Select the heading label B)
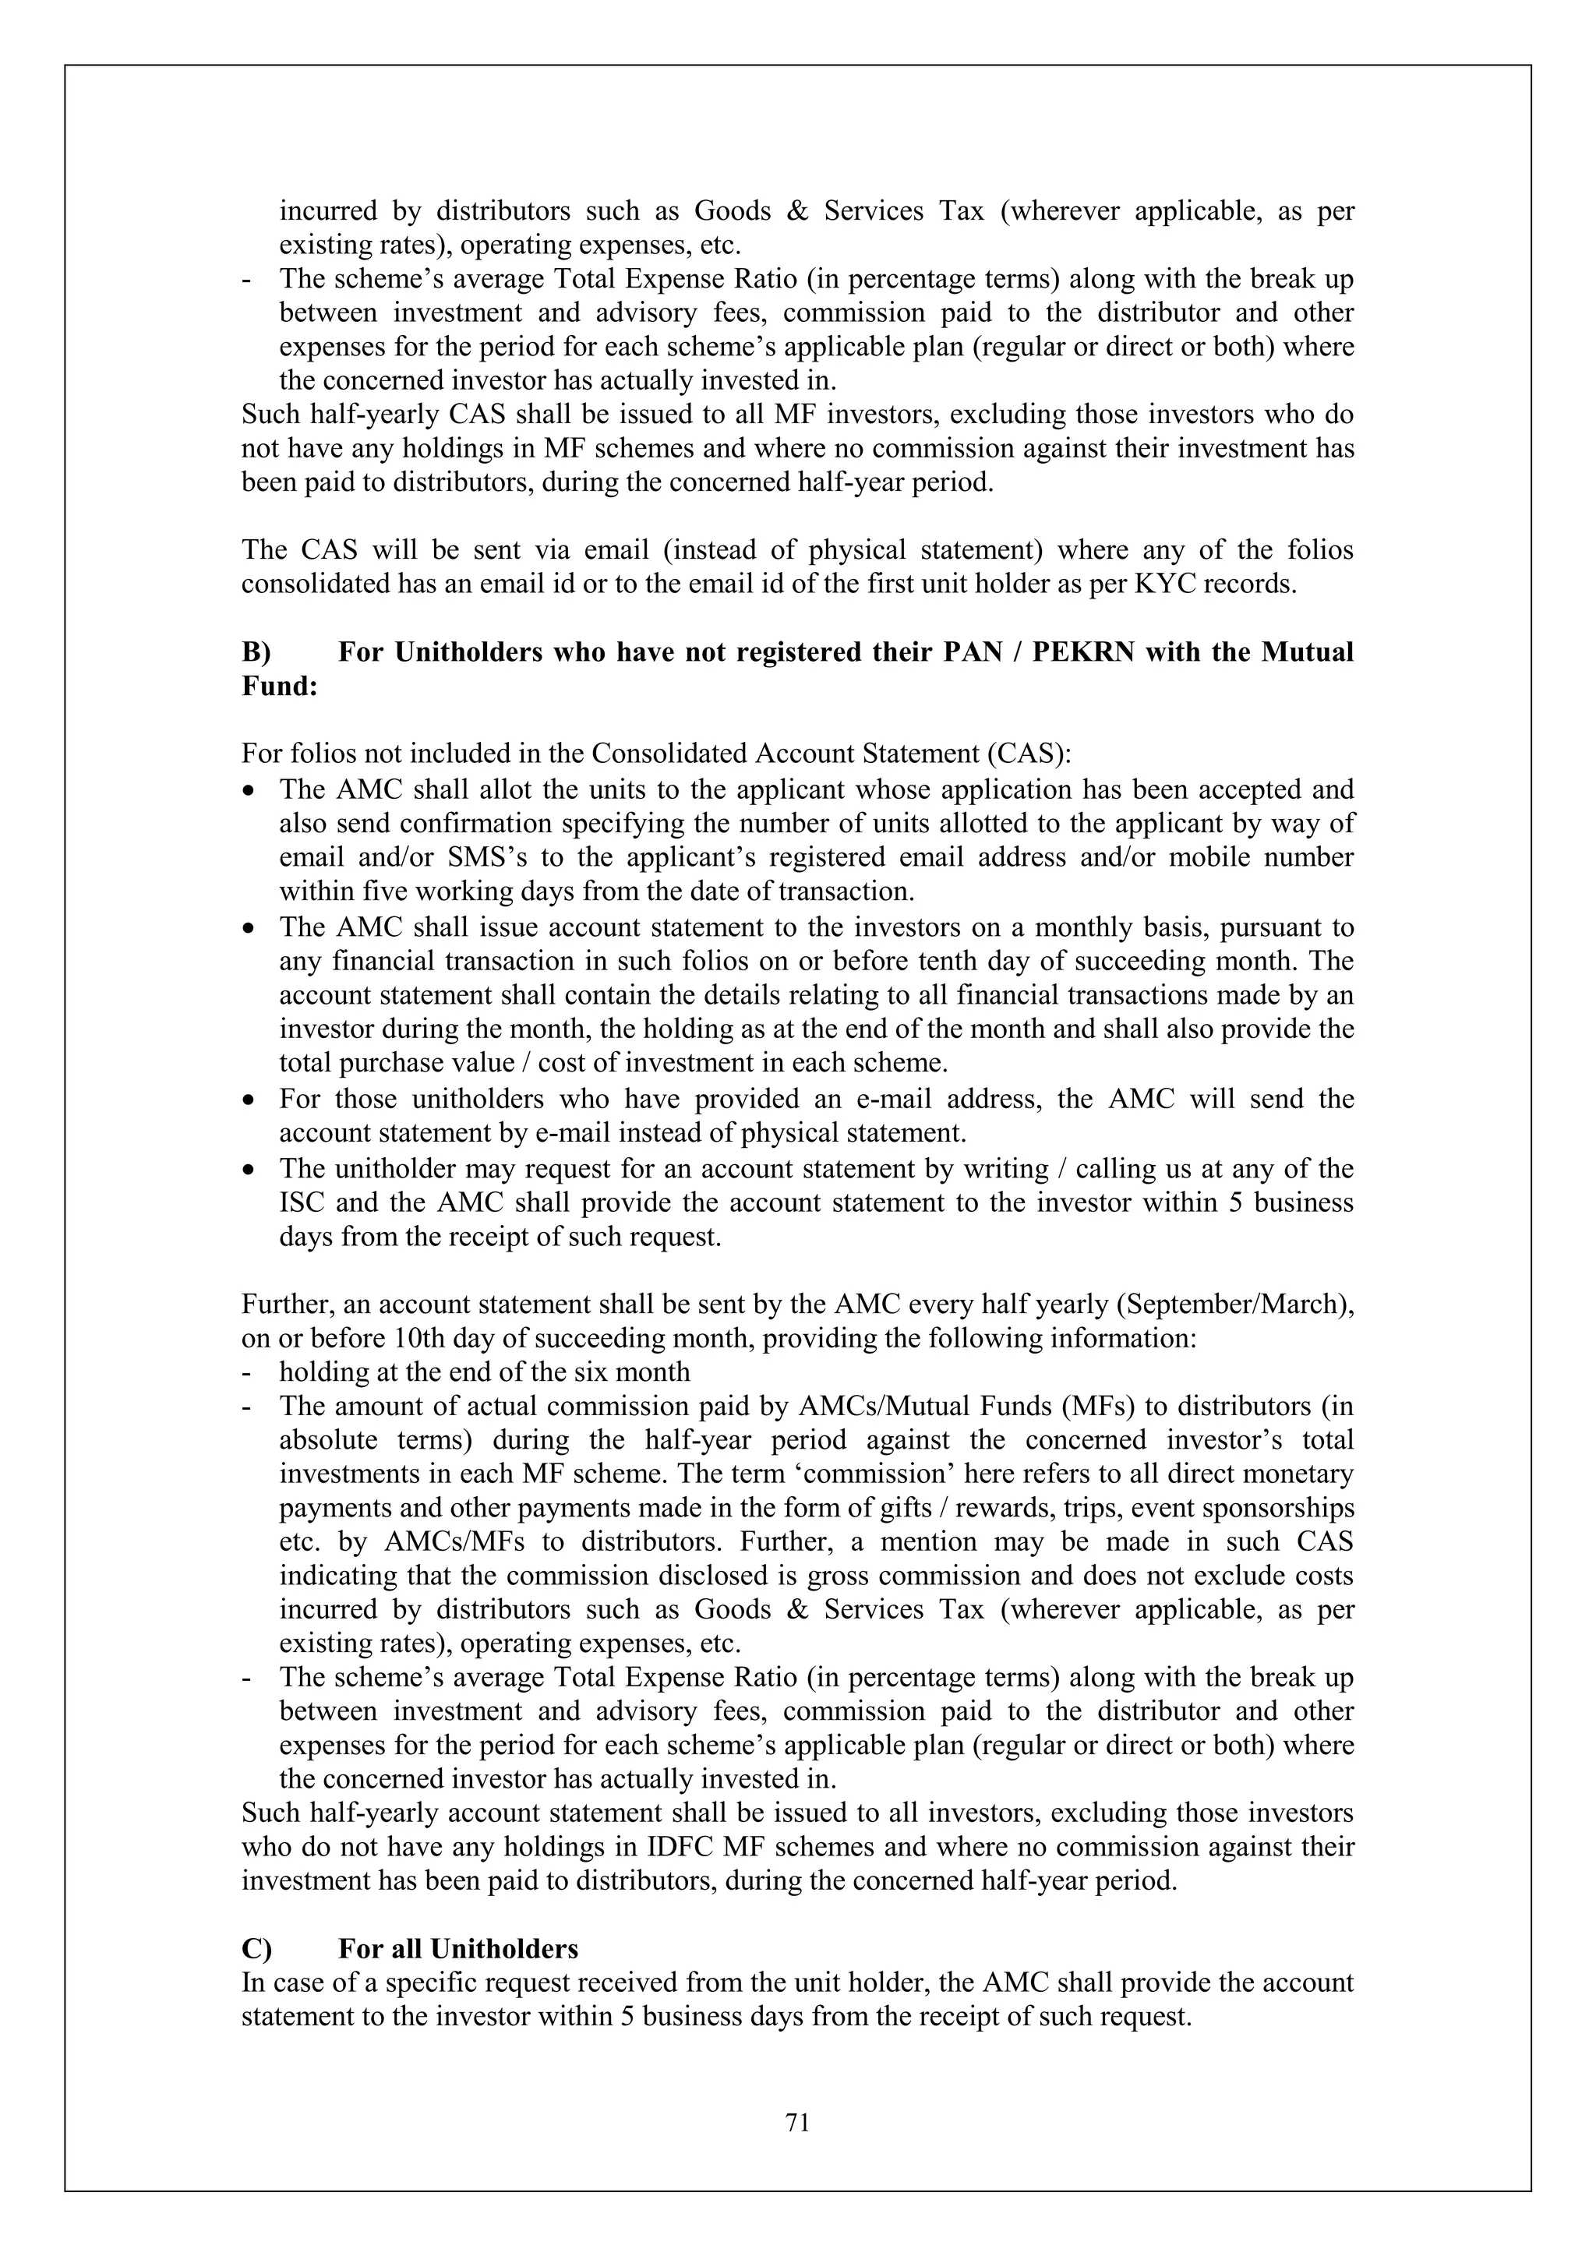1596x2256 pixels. point(256,652)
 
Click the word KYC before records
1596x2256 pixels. point(1167,584)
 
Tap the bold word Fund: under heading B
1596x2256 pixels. point(279,686)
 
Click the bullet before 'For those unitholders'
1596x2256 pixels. point(252,1100)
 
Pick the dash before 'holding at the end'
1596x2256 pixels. point(247,1372)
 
